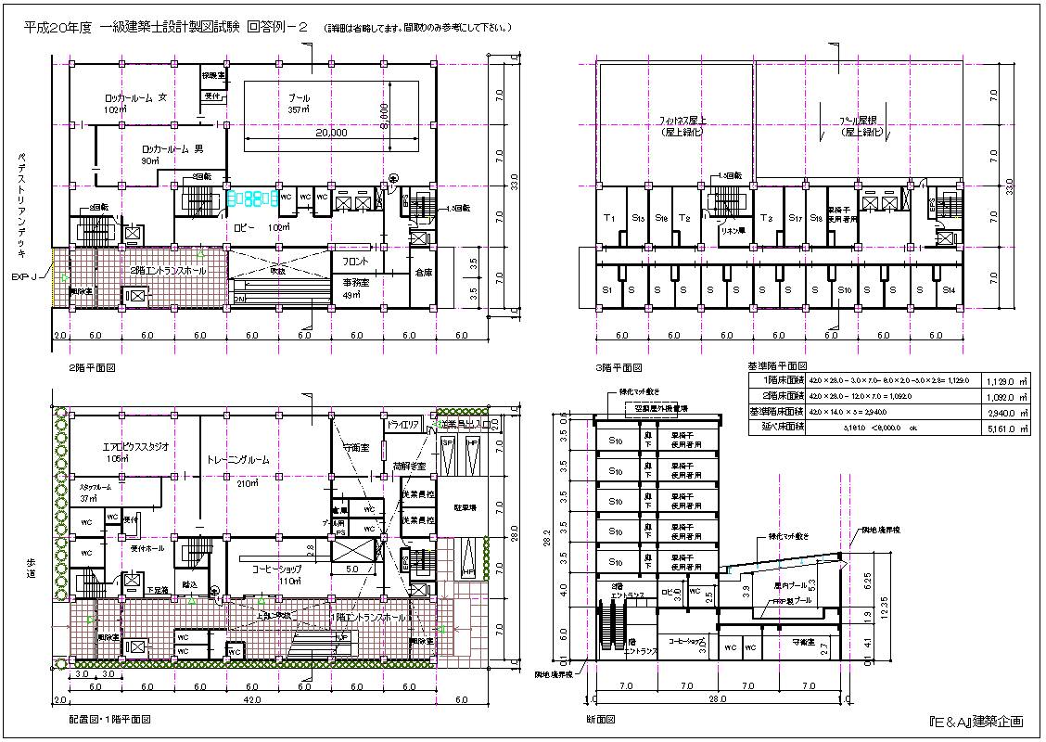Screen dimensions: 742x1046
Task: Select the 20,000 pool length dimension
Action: coord(330,134)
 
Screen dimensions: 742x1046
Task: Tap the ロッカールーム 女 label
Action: coord(135,96)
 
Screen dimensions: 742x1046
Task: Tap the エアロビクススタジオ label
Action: coord(136,446)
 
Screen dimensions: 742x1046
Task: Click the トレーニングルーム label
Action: coord(237,459)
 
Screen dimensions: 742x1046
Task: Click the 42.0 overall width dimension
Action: coord(253,701)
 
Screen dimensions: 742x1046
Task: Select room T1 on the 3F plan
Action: coord(609,218)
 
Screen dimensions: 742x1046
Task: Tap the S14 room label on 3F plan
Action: coord(949,290)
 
